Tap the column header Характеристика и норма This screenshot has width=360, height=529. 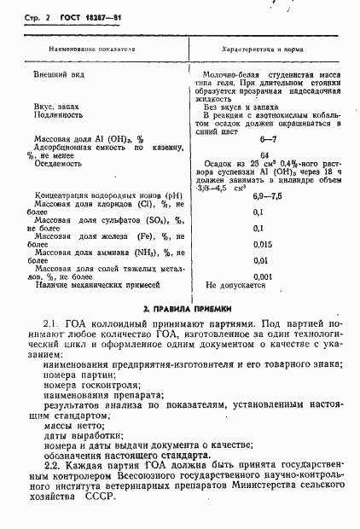[264, 50]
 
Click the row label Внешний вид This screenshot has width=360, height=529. [56, 75]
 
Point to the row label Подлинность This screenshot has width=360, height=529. [58, 113]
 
